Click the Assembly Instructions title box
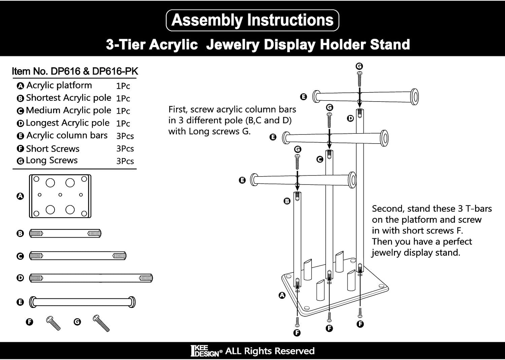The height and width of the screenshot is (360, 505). tap(252, 20)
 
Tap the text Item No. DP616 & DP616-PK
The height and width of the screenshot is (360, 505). tap(75, 71)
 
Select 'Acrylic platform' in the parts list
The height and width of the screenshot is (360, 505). tap(59, 85)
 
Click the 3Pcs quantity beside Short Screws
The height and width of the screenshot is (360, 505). tap(125, 149)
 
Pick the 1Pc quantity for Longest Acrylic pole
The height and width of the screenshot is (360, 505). tap(123, 123)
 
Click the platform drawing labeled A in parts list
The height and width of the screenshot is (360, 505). tap(60, 196)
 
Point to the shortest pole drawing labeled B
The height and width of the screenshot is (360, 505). tap(65, 233)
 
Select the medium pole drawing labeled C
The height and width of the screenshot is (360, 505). tap(78, 256)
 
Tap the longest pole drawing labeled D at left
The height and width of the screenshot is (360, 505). tap(91, 278)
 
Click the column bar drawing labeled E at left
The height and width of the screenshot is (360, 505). tap(82, 302)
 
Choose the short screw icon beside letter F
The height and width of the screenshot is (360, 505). tap(53, 323)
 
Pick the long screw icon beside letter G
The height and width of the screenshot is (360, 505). tap(101, 323)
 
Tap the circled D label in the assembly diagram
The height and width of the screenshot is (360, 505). tap(350, 118)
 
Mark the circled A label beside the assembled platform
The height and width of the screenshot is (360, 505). tap(282, 295)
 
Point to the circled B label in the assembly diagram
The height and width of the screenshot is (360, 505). tap(287, 201)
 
